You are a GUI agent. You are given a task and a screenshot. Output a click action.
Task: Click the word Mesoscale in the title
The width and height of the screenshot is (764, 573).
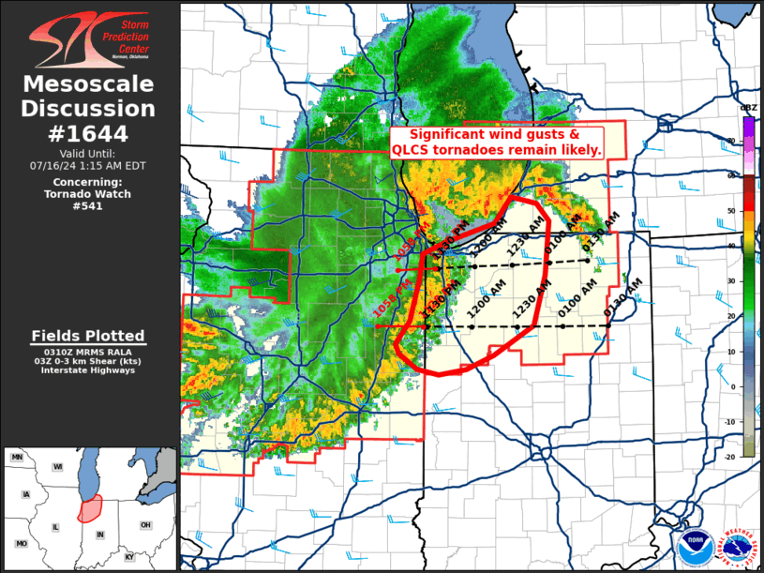89,85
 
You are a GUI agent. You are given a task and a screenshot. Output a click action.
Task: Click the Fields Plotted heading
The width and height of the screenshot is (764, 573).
88,336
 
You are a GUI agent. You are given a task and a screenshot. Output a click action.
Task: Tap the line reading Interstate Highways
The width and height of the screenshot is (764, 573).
88,369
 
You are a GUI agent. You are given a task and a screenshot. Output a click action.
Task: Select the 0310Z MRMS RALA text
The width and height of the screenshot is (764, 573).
88,351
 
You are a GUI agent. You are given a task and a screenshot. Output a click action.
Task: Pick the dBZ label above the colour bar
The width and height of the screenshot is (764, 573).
749,110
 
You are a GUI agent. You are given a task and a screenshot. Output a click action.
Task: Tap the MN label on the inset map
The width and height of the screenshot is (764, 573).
17,457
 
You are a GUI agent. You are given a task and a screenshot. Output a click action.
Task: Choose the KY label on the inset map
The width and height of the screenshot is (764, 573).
129,557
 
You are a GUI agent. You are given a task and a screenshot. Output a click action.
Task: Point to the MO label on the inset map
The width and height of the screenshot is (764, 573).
21,544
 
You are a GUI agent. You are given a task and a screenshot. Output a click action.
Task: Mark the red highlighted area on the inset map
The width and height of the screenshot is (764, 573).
91,509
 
